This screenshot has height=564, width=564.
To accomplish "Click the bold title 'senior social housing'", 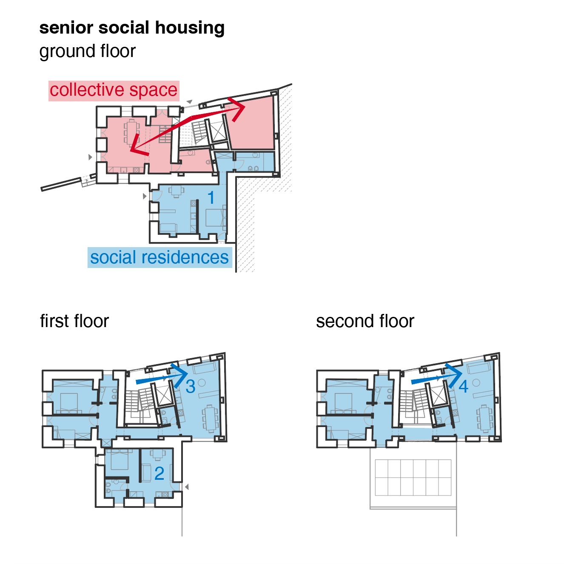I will (132, 28).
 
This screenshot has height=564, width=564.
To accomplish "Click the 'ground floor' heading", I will (87, 51).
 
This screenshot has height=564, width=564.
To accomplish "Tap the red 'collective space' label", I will (113, 90).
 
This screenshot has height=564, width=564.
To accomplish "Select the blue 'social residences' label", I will (160, 257).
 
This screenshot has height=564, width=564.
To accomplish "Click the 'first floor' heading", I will (74, 321).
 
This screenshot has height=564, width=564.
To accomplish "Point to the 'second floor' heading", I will (365, 321).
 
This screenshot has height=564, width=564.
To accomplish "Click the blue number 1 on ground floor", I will (211, 197).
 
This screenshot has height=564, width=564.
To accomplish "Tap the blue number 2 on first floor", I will (159, 473).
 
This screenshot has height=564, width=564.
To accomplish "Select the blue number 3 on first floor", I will (190, 386).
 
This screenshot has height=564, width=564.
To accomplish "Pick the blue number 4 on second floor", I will (463, 386).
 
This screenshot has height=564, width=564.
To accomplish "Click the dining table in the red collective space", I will (132, 132).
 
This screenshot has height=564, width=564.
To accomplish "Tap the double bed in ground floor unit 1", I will (215, 217).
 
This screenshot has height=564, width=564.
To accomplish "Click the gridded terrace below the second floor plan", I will (413, 477).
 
